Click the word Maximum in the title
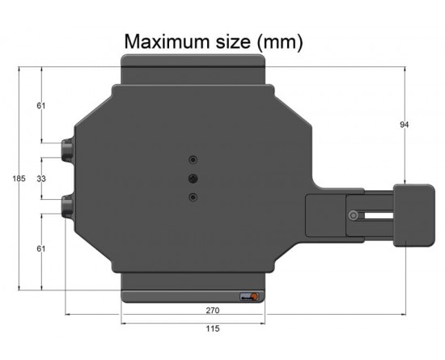tap(167, 42)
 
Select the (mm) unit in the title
tap(280, 43)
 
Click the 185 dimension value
tap(19, 179)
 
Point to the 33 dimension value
tap(41, 179)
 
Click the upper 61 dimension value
tap(41, 105)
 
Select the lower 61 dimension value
tap(41, 248)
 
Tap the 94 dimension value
tap(404, 125)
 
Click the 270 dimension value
tap(213, 311)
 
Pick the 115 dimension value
tap(213, 328)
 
